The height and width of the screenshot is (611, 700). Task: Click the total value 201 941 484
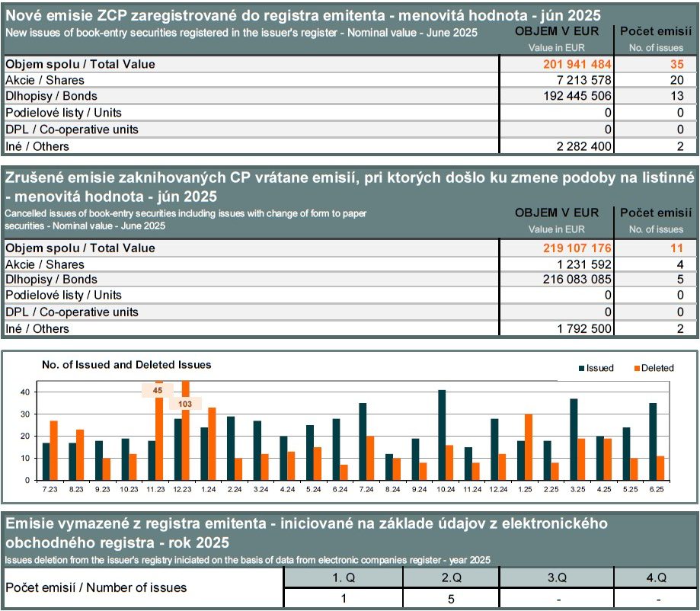[577, 64]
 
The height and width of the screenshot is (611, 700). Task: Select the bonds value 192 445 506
[577, 96]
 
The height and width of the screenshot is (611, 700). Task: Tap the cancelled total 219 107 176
[577, 248]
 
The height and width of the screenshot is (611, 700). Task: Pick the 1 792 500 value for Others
[584, 328]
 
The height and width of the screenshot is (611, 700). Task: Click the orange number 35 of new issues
[677, 64]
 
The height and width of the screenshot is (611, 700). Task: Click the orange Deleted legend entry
[654, 368]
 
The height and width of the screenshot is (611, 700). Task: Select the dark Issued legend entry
[596, 368]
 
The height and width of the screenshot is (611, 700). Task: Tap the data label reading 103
[185, 405]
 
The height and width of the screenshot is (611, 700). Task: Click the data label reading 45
[157, 390]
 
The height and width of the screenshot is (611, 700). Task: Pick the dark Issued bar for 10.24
[442, 436]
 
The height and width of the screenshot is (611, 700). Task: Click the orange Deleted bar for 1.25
[529, 447]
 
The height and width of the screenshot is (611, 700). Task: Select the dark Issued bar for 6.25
[653, 442]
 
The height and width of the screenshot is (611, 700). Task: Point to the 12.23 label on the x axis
[182, 489]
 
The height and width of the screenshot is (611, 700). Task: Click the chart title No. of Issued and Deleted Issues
[126, 365]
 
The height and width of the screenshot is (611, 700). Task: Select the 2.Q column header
[451, 577]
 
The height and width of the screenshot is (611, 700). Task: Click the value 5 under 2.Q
[451, 599]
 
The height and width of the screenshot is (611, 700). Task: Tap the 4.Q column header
[657, 577]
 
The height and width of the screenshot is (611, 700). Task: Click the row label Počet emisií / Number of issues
[96, 588]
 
